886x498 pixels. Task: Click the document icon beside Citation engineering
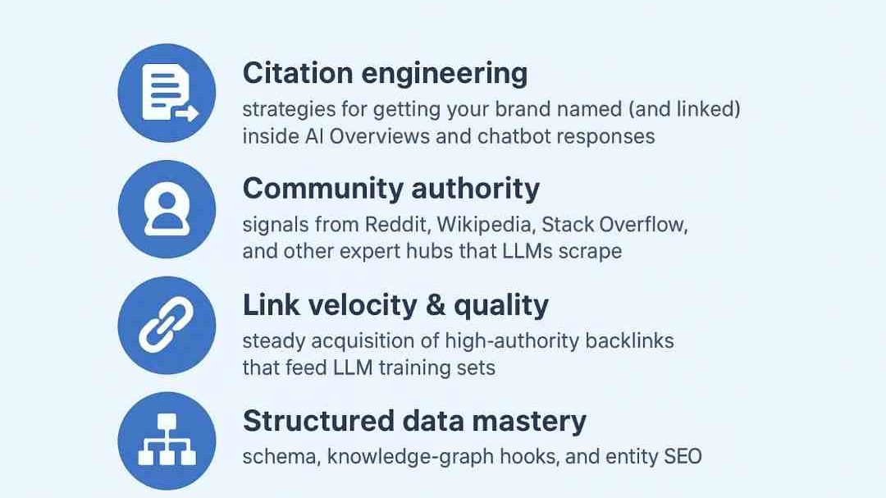(167, 94)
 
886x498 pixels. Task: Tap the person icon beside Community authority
(167, 209)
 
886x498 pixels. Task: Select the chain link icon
(167, 325)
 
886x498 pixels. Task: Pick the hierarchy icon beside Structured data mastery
(167, 441)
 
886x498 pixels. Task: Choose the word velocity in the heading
(363, 305)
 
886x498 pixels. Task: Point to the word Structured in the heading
(318, 422)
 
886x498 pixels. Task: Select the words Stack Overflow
(614, 225)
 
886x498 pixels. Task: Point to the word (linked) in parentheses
(709, 110)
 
